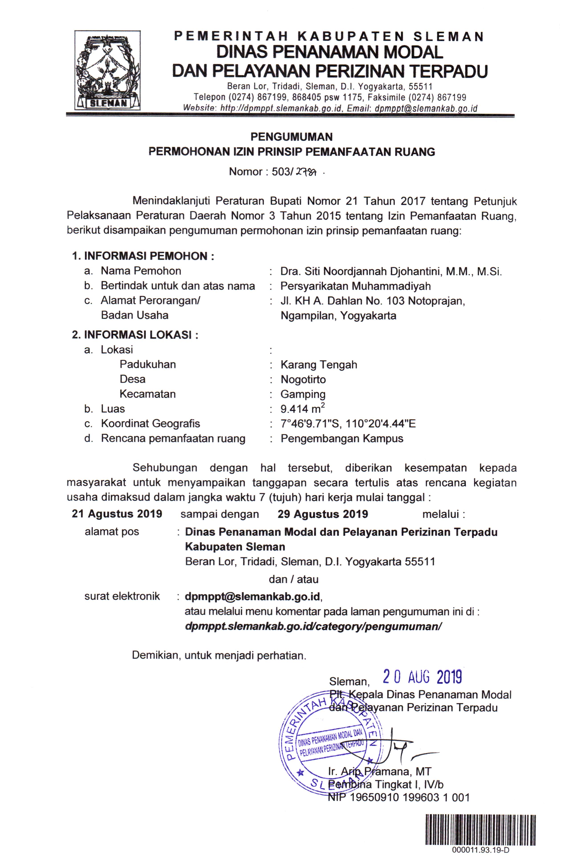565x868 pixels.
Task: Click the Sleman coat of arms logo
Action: (x=108, y=70)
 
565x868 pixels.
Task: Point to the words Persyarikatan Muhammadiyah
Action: (x=355, y=286)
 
